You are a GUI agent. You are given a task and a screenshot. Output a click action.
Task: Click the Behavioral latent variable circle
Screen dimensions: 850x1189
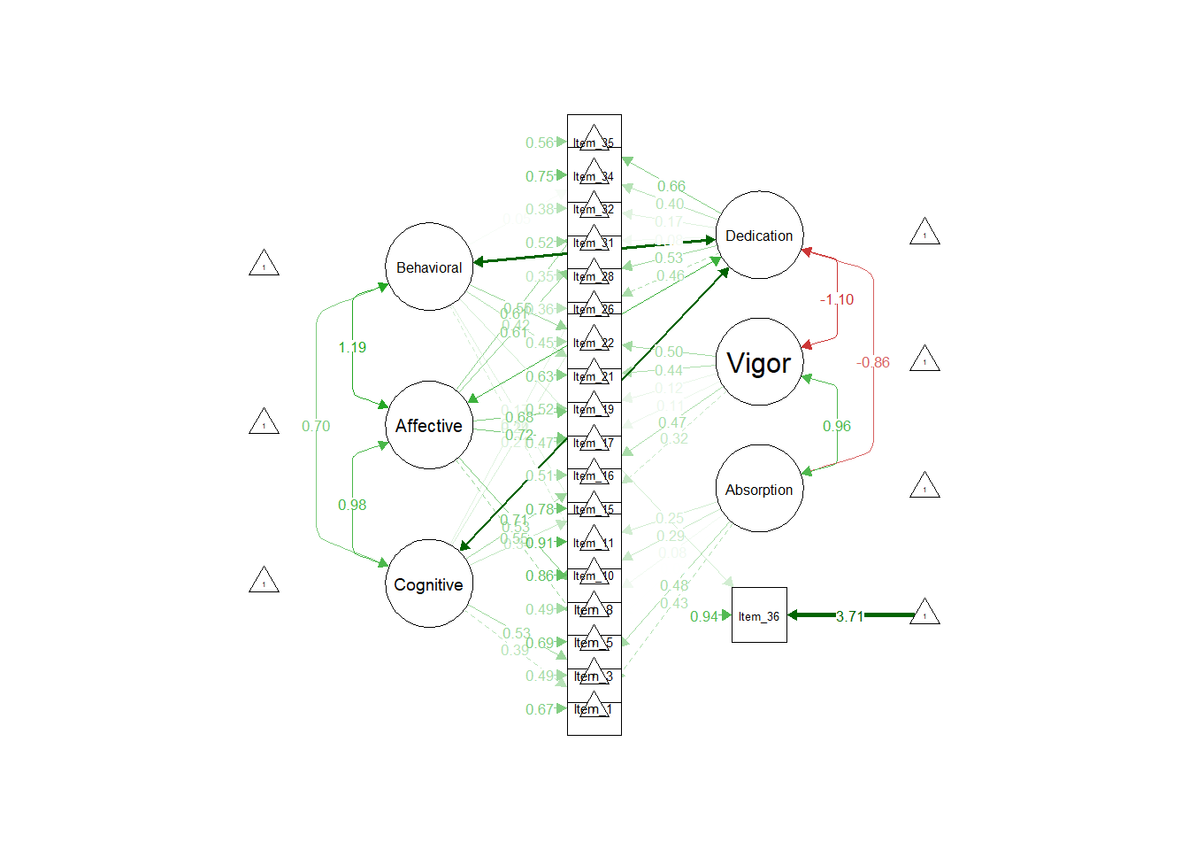coord(429,267)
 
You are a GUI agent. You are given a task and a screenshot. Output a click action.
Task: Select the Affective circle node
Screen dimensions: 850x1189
coord(429,425)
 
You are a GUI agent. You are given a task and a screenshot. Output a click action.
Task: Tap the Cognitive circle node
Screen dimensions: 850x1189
coord(429,583)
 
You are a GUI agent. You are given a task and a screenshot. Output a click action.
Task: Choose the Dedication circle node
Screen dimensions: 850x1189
coord(759,235)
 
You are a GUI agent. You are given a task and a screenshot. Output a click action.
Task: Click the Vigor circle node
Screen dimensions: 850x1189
coord(759,361)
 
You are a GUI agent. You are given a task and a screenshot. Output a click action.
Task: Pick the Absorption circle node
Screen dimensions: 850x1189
coord(759,489)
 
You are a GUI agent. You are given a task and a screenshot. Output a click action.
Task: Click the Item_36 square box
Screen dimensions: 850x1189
coord(759,615)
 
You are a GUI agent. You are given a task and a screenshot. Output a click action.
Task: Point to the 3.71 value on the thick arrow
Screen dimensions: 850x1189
coord(849,616)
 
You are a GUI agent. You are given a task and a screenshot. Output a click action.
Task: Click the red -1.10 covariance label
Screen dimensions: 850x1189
coord(837,299)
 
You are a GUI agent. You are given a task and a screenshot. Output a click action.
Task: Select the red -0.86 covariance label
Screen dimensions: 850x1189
coord(873,362)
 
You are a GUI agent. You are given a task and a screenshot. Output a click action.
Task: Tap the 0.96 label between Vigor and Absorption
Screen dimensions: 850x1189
coord(837,426)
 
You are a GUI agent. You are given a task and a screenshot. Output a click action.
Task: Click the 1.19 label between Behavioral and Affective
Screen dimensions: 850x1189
coord(352,347)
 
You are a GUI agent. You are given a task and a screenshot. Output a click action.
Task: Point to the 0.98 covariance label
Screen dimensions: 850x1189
coord(352,505)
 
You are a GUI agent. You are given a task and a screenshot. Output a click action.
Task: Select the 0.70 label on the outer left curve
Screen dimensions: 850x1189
coord(316,426)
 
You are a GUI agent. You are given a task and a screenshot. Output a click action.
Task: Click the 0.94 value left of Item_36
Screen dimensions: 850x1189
coord(704,616)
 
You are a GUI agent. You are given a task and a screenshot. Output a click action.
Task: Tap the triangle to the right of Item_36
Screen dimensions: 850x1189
coord(924,613)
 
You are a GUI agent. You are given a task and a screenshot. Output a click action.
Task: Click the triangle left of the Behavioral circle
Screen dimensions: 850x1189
coord(264,265)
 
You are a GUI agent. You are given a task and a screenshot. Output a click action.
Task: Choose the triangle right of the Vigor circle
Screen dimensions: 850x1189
coord(924,359)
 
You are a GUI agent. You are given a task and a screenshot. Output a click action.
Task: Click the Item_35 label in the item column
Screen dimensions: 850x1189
coord(594,143)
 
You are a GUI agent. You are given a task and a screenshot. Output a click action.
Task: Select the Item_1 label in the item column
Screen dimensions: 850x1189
coord(594,709)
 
